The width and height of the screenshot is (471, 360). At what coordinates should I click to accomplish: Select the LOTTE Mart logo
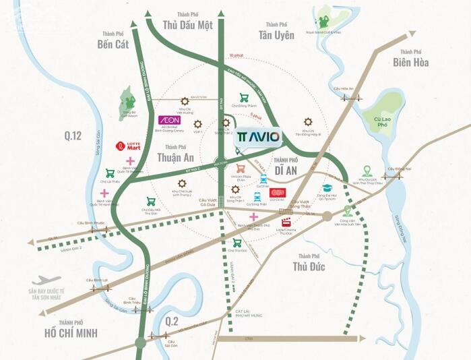click(x=127, y=145)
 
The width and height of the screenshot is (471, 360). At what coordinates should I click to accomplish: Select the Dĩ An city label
click(x=290, y=169)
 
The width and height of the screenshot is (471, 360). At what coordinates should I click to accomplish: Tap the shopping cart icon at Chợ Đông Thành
click(x=245, y=98)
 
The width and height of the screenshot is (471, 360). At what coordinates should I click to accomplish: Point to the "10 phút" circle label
click(x=235, y=55)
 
